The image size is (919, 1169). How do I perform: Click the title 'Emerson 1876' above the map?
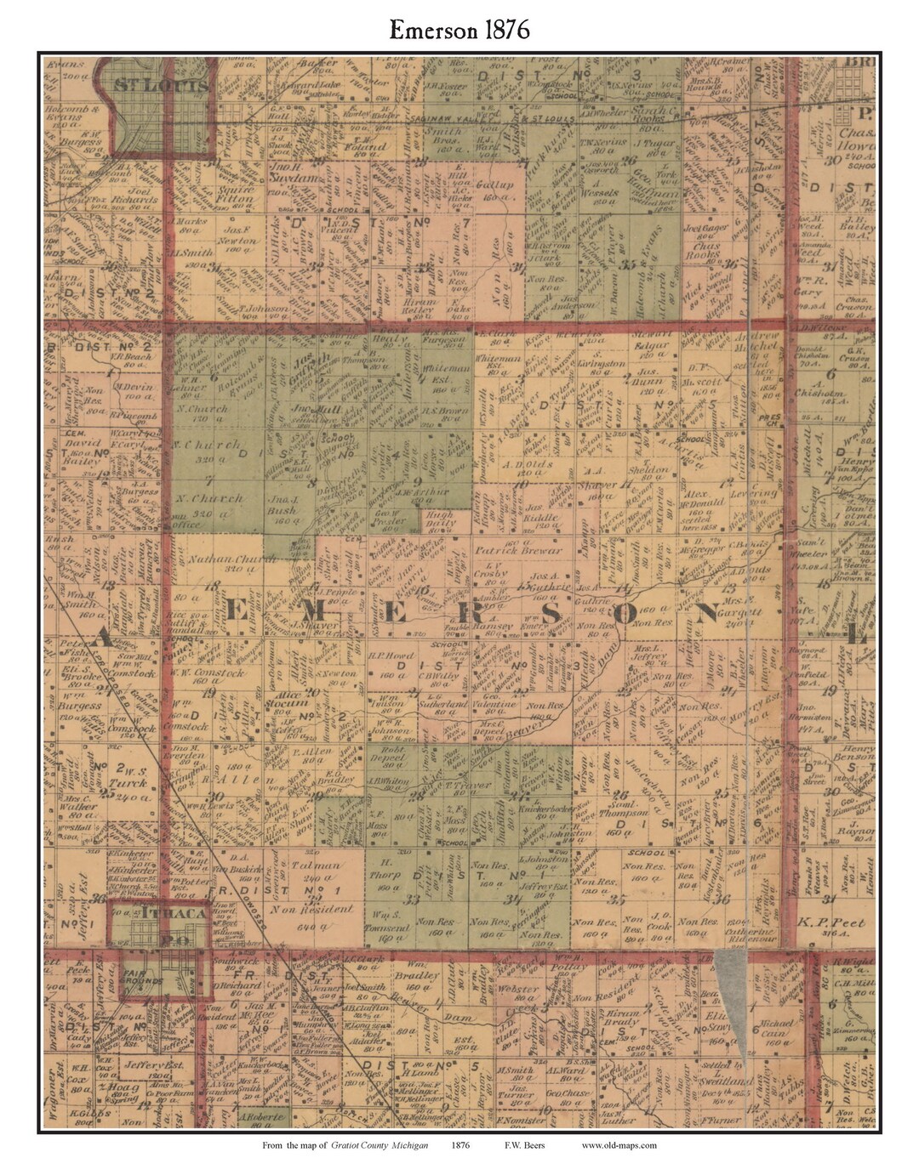click(459, 30)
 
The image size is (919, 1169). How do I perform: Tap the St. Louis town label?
click(162, 86)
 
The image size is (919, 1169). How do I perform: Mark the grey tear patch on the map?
click(732, 978)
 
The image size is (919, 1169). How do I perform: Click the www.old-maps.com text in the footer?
click(619, 1144)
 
